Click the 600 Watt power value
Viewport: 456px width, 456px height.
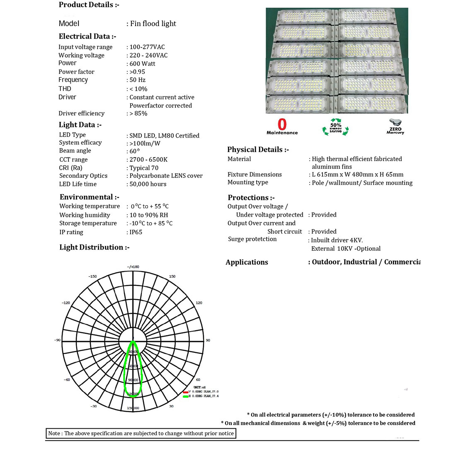point(142,64)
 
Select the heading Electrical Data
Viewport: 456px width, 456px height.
point(87,36)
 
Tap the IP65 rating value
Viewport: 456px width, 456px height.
point(136,232)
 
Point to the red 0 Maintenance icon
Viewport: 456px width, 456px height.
point(282,127)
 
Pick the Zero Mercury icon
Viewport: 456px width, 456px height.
point(395,126)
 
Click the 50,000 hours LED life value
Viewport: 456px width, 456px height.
point(148,184)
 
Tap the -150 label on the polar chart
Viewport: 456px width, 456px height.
point(92,277)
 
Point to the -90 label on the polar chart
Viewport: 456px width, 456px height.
point(57,340)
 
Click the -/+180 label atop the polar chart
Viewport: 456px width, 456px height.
point(133,267)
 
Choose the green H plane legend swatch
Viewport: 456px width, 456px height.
point(185,396)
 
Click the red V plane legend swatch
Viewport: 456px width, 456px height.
point(185,392)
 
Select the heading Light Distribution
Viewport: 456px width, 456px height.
point(94,247)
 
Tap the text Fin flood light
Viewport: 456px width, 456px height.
point(153,24)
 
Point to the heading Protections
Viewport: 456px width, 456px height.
point(251,198)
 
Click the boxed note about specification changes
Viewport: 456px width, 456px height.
point(141,434)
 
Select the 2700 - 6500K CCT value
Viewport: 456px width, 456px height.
point(148,160)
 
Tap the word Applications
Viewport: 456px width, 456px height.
point(247,262)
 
